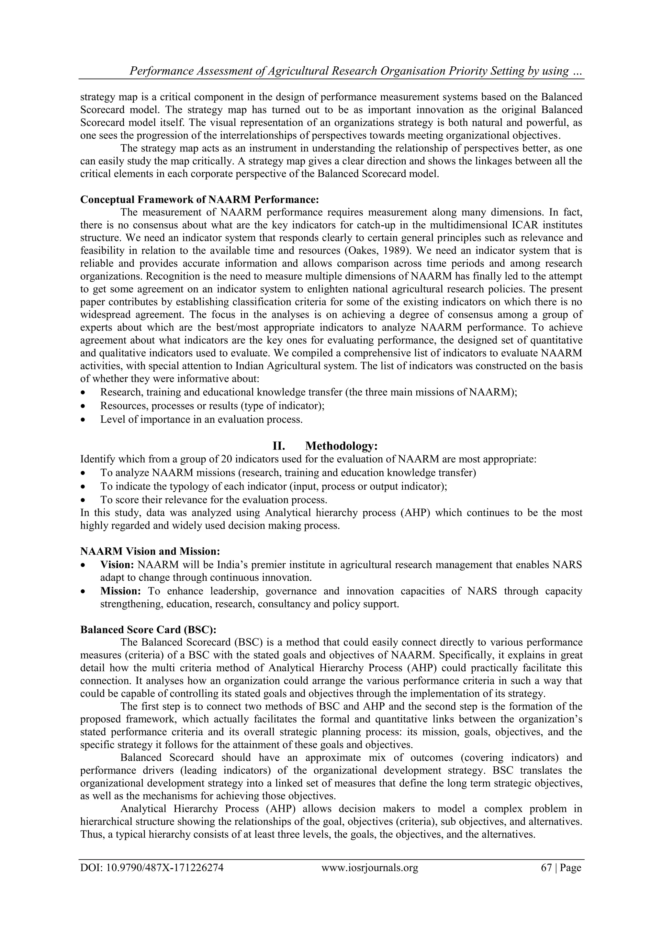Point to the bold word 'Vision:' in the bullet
117,565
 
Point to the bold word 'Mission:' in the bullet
120,591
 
